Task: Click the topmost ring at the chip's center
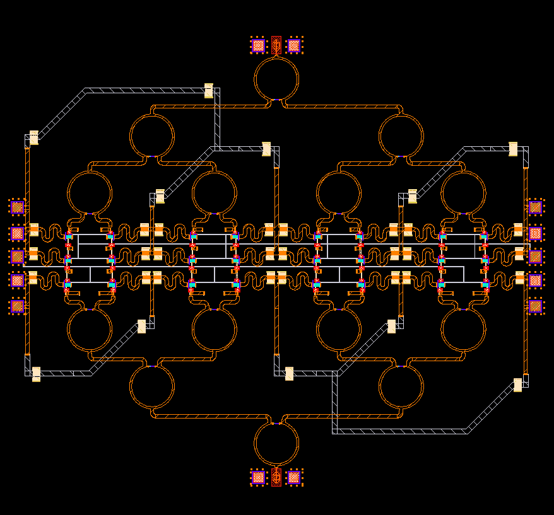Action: click(x=276, y=78)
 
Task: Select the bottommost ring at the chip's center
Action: click(x=276, y=444)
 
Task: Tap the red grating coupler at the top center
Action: click(x=276, y=45)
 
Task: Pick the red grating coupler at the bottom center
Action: click(x=276, y=477)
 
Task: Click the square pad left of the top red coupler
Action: click(x=258, y=45)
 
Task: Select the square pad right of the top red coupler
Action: click(x=294, y=45)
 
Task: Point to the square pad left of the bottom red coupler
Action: click(x=258, y=477)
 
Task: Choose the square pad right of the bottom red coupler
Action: click(x=294, y=477)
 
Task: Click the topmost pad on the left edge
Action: click(x=18, y=207)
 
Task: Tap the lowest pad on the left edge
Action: click(x=18, y=306)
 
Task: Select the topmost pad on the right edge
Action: click(x=535, y=207)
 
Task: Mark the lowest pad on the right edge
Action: click(x=535, y=306)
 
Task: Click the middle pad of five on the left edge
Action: click(x=18, y=257)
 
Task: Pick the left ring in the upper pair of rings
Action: click(x=152, y=136)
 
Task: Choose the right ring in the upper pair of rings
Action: click(x=401, y=136)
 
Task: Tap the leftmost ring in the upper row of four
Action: click(x=90, y=193)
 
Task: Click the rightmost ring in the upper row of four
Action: click(x=463, y=193)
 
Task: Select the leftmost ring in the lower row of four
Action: click(x=90, y=330)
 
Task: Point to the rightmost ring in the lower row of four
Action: click(x=463, y=330)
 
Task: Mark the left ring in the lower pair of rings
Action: click(x=152, y=386)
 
